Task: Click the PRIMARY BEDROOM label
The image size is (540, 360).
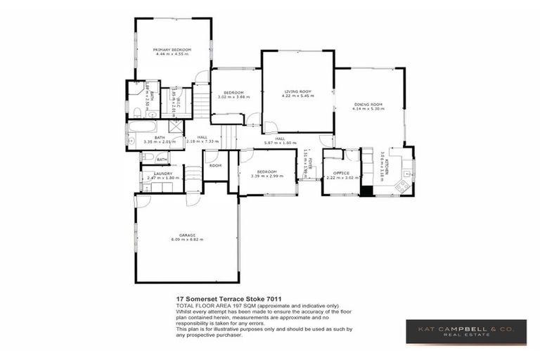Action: (x=172, y=50)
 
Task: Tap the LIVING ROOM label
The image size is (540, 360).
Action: (x=297, y=91)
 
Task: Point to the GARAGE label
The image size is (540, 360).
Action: (x=186, y=235)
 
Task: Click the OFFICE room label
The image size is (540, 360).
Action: (x=342, y=172)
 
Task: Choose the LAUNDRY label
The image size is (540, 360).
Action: (x=163, y=173)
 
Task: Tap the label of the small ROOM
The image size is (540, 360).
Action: (x=214, y=165)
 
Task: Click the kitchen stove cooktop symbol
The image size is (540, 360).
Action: (x=403, y=186)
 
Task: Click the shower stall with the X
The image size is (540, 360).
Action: (x=176, y=127)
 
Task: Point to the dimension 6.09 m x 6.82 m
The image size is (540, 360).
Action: (x=186, y=240)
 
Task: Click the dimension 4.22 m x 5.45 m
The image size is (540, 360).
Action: (x=297, y=96)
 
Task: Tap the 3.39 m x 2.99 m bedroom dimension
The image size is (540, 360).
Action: (x=267, y=176)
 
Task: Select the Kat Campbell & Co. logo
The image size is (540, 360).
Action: (x=465, y=332)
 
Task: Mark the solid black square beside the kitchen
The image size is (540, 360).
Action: (x=366, y=191)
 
